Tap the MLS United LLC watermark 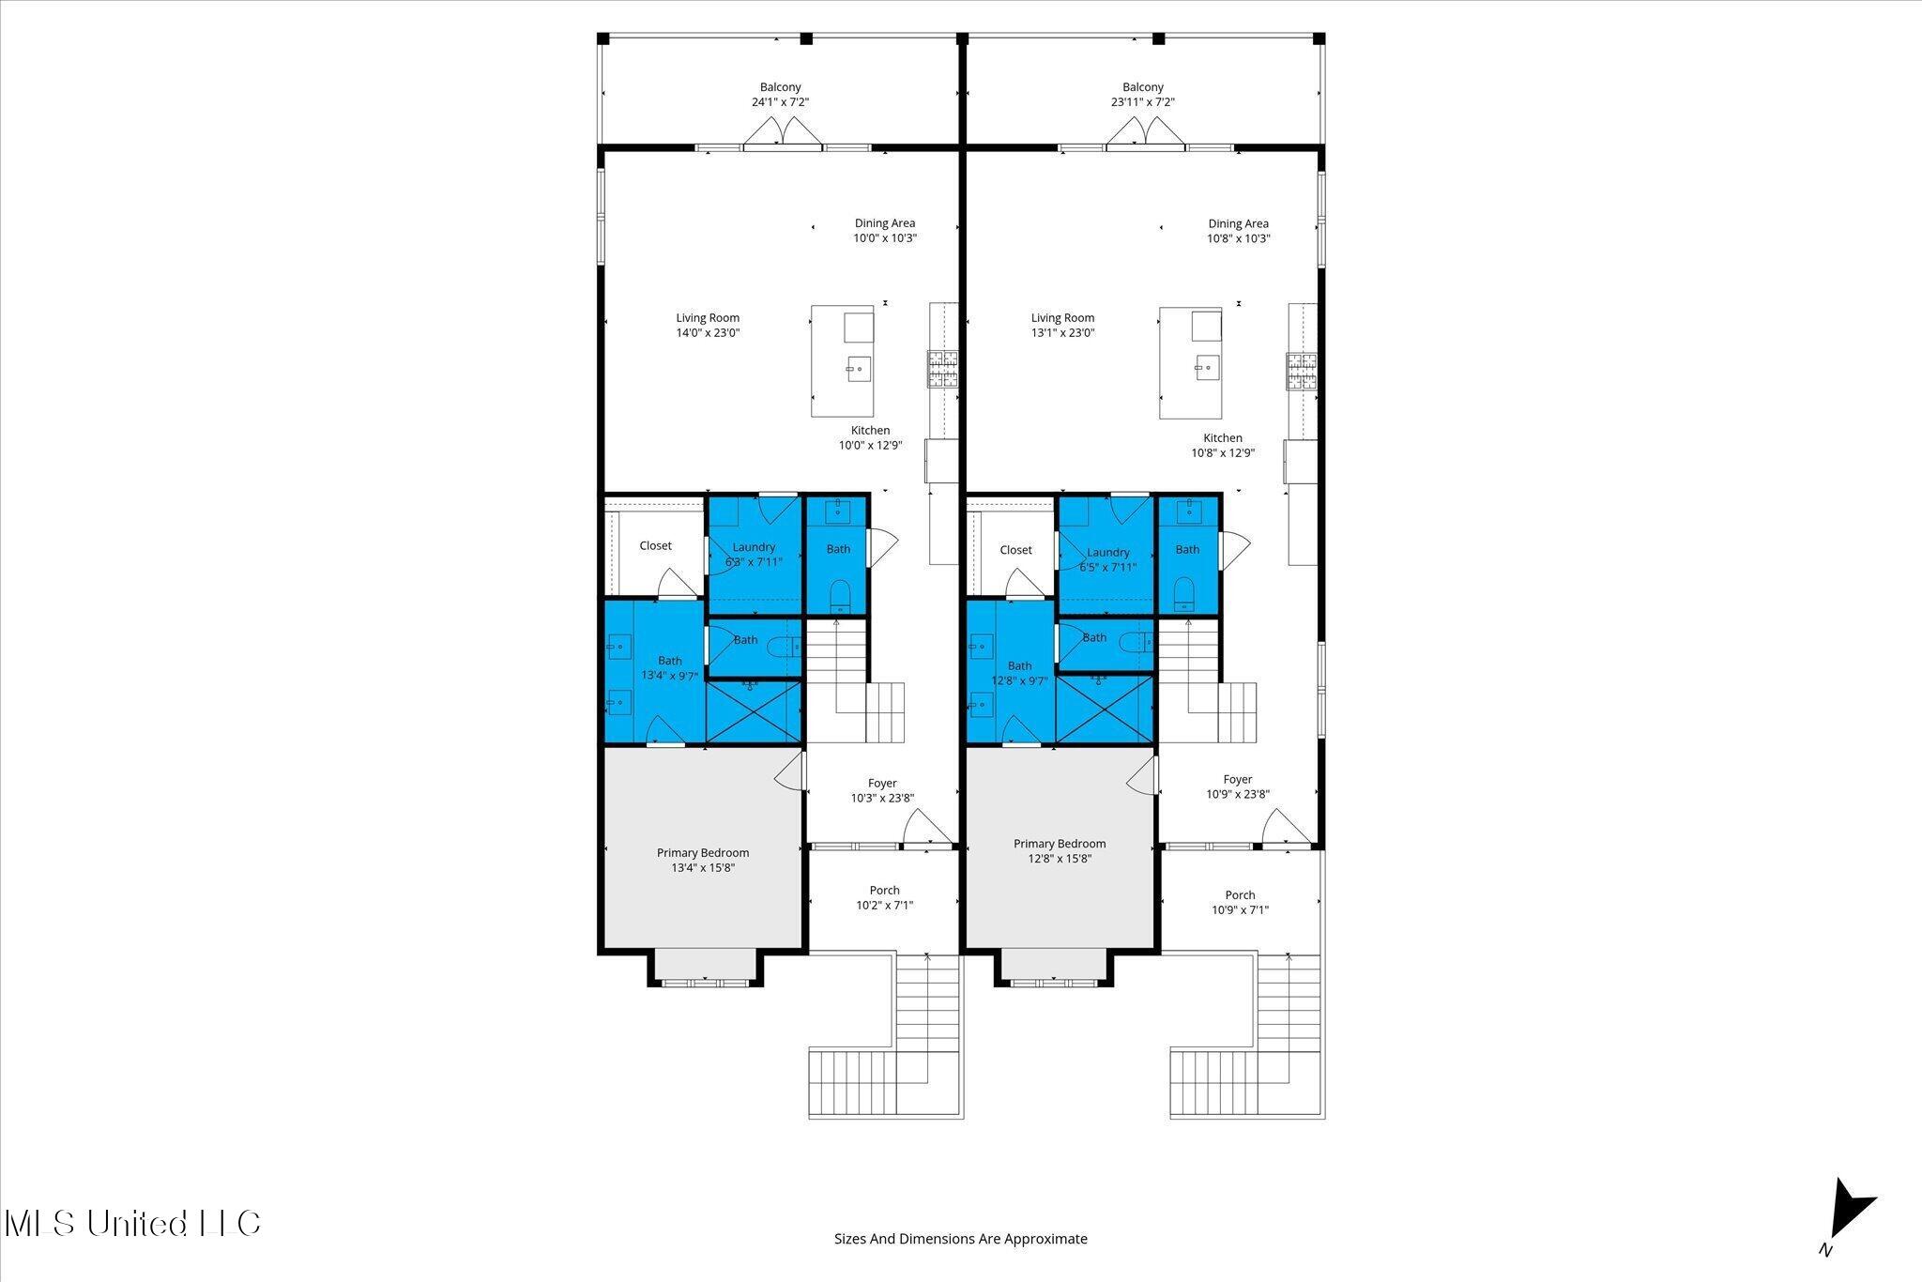coord(132,1224)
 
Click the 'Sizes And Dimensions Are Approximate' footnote coord(960,1239)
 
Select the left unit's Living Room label coord(708,318)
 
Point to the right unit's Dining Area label coord(1238,223)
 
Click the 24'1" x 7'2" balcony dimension coord(780,102)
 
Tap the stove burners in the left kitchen coord(941,368)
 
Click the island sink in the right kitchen coord(1203,368)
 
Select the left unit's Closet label coord(655,546)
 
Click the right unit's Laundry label coord(1107,553)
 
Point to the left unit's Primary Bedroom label coord(702,853)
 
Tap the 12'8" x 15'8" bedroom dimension coord(1060,859)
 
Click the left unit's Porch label coord(884,891)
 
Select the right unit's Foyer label coord(1237,780)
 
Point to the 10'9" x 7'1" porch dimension coord(1240,910)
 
